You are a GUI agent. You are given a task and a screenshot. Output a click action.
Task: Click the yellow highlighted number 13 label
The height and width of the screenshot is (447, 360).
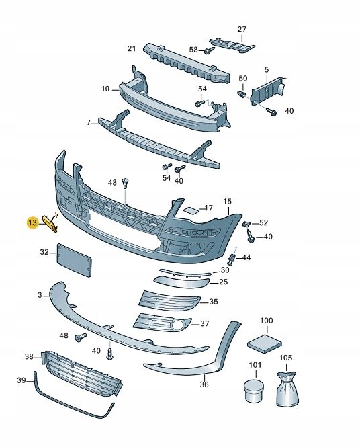pos(31,222)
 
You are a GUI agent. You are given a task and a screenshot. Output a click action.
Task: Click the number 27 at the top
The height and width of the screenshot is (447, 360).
pos(242,29)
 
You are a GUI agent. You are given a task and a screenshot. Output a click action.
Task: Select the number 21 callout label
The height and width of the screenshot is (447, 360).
pos(132,48)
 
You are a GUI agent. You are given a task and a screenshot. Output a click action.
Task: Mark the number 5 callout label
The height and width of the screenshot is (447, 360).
pos(267,69)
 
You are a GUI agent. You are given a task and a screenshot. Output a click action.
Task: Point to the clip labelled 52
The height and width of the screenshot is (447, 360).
pos(247,223)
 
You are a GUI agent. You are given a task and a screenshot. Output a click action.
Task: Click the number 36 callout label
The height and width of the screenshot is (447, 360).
pos(204,384)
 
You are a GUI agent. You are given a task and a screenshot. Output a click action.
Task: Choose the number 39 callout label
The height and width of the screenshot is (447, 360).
pos(21,381)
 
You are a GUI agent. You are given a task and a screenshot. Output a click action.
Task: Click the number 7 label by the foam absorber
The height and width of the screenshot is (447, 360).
pos(88,122)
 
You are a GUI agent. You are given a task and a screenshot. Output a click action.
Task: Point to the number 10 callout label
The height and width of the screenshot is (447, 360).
pos(105,89)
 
